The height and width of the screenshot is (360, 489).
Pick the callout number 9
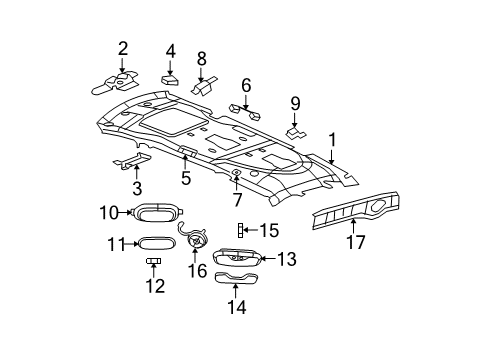coord(245,86)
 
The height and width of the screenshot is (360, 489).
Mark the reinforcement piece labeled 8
coord(203,86)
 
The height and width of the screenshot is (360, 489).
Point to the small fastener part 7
coord(235,174)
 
